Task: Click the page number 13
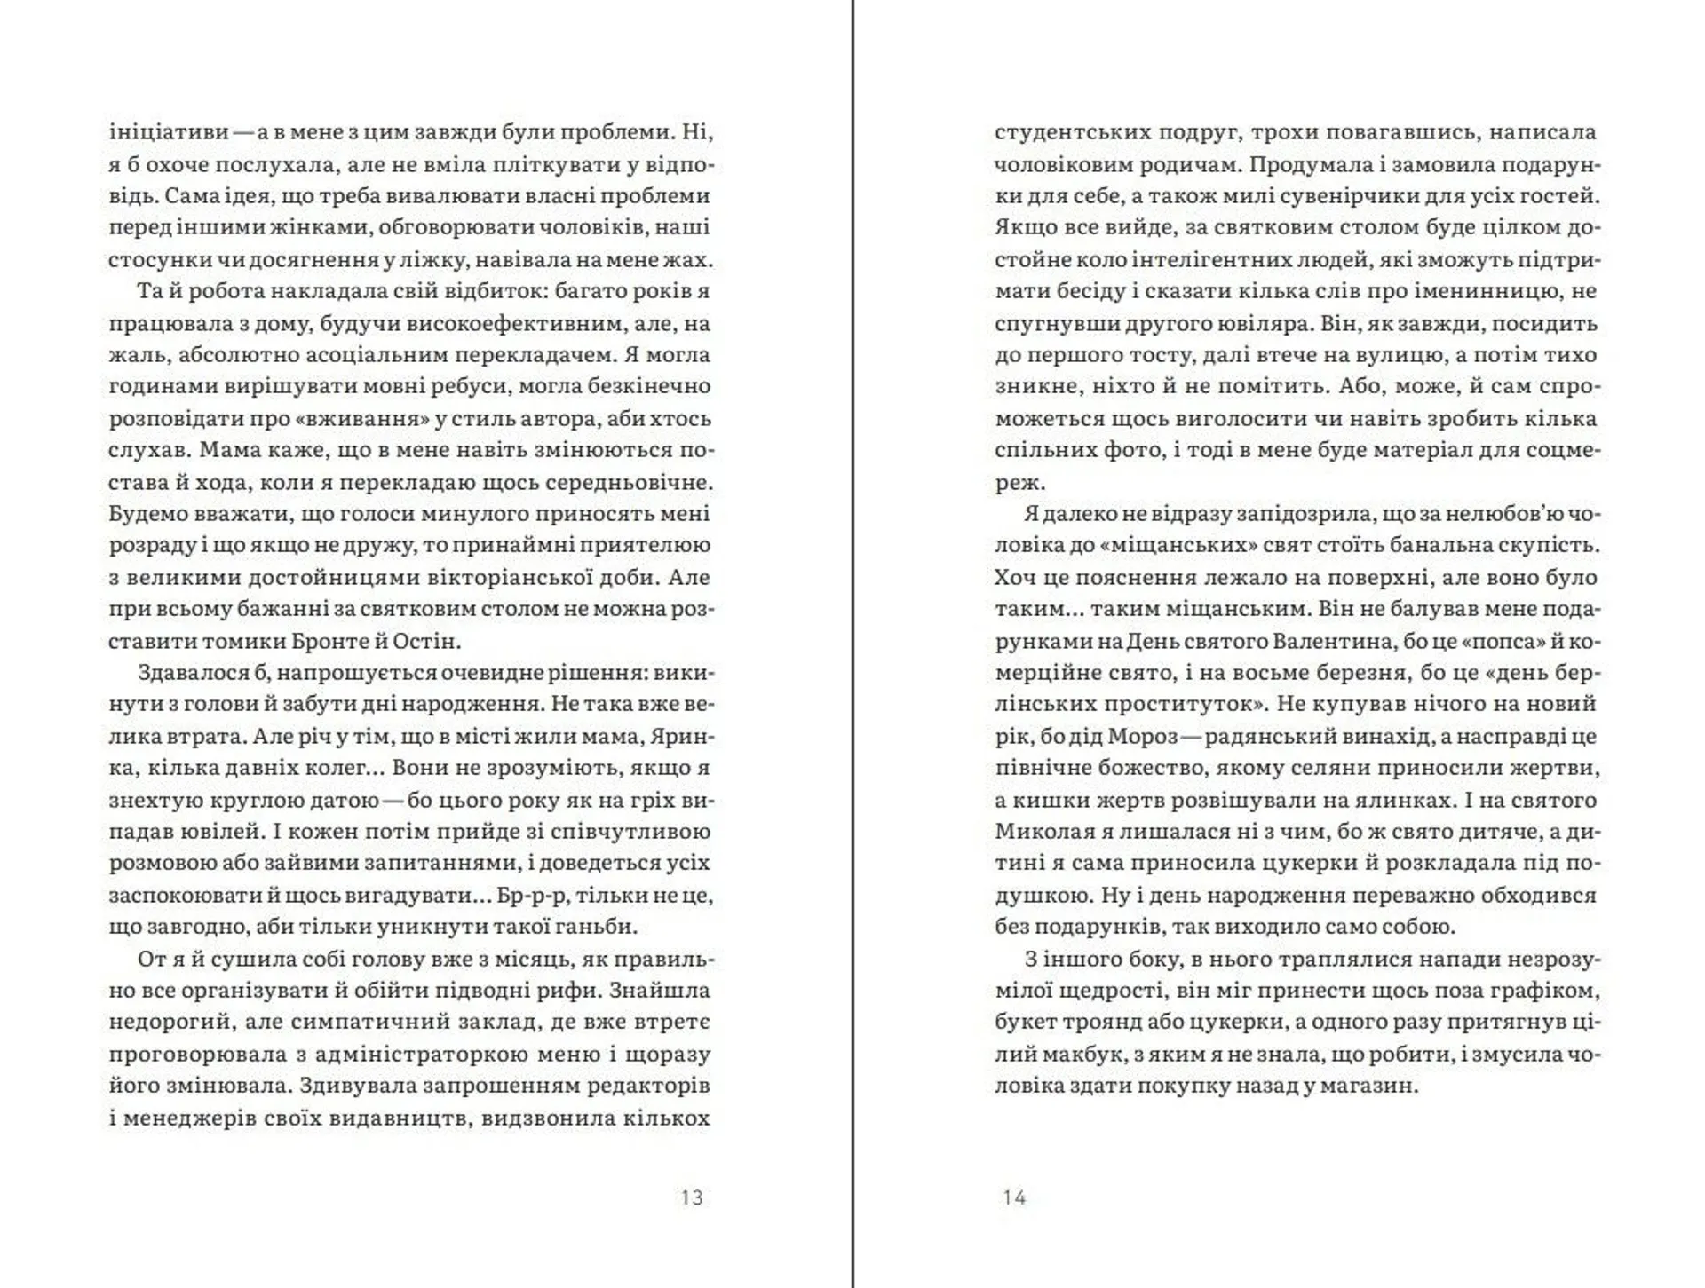[x=692, y=1197]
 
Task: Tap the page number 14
[x=1014, y=1197]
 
